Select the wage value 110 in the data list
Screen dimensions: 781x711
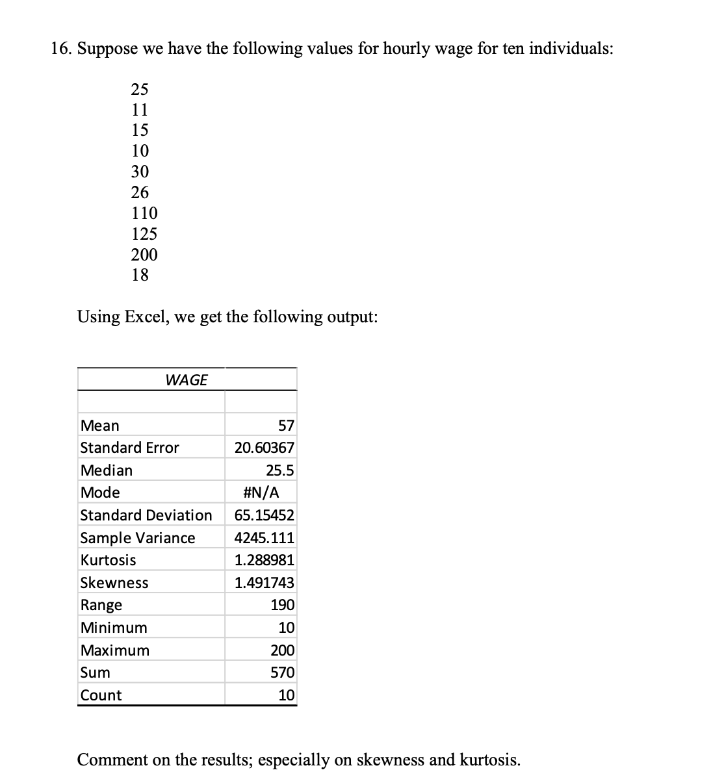(144, 213)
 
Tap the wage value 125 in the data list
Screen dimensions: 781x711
(144, 234)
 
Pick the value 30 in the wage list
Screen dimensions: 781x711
(140, 172)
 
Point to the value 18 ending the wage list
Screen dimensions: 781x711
(140, 275)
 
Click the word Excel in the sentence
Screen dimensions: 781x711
(146, 317)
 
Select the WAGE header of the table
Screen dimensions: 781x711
(187, 380)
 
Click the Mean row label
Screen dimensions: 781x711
(100, 426)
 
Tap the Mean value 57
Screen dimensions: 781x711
(286, 426)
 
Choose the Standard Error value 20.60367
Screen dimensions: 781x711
(265, 448)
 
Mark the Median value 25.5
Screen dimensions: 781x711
(280, 470)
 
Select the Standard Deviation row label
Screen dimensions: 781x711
(146, 515)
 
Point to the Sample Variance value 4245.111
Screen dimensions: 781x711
(265, 538)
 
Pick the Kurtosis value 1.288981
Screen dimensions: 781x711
(265, 560)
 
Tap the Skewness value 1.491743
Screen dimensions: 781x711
(265, 583)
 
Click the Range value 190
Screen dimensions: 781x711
(283, 605)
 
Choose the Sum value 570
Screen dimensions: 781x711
(283, 672)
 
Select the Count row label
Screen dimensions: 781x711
(101, 695)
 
